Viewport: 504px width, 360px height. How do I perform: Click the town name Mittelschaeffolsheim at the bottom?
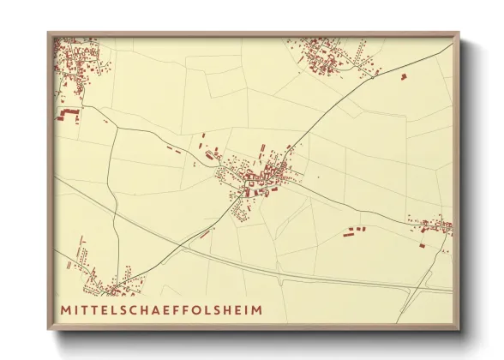click(x=161, y=308)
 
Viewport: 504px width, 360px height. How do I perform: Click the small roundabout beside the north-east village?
click(x=376, y=73)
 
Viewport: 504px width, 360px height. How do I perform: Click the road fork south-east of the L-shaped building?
click(x=115, y=129)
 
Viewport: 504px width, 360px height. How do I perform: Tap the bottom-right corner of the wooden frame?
click(x=459, y=329)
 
